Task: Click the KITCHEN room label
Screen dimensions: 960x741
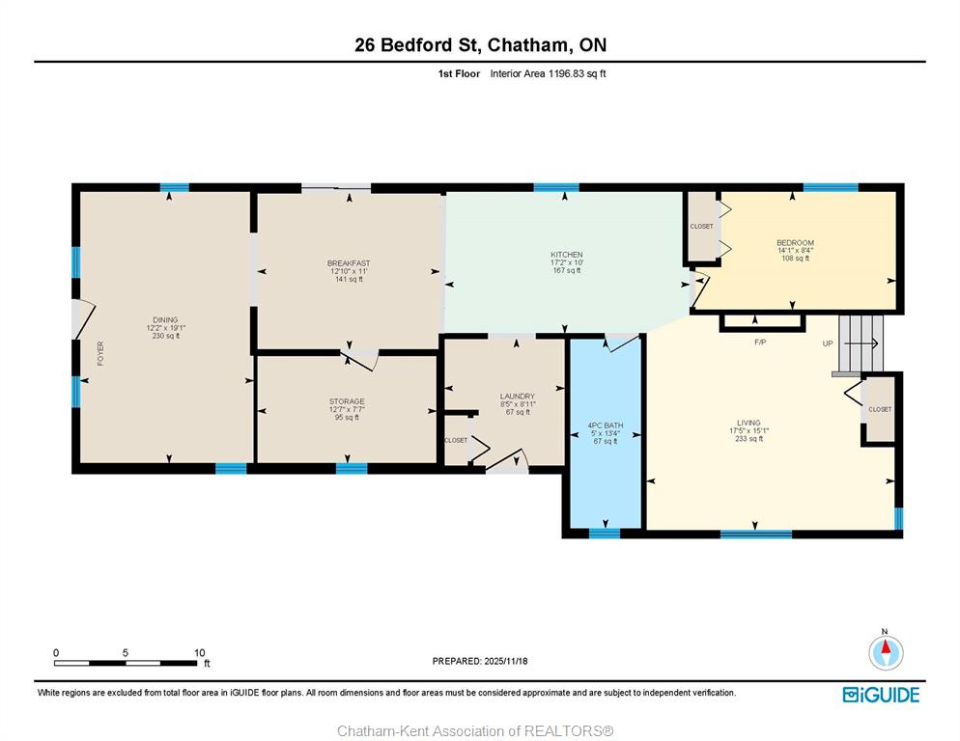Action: (566, 255)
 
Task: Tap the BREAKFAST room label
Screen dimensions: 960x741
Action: (349, 263)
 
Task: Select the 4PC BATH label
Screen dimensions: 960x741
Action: (605, 425)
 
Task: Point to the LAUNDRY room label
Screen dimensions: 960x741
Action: (518, 397)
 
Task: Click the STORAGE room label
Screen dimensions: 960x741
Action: (347, 402)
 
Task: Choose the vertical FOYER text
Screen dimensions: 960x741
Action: (100, 354)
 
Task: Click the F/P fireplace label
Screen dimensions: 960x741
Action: (760, 343)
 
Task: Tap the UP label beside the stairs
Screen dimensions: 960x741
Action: (827, 343)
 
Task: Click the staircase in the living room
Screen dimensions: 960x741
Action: (861, 343)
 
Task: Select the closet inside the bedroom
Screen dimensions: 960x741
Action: (702, 227)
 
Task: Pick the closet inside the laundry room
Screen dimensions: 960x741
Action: (456, 440)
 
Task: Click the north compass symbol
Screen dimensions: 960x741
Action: (886, 651)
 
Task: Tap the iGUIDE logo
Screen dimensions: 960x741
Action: (881, 695)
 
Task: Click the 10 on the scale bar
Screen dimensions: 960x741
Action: (200, 653)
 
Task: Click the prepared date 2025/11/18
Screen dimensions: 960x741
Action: (506, 662)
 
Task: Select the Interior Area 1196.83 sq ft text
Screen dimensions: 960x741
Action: (548, 73)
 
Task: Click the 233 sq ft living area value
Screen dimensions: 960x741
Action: (748, 439)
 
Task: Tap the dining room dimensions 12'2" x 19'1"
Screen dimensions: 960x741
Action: (165, 328)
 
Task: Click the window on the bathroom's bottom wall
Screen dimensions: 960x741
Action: (605, 534)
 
